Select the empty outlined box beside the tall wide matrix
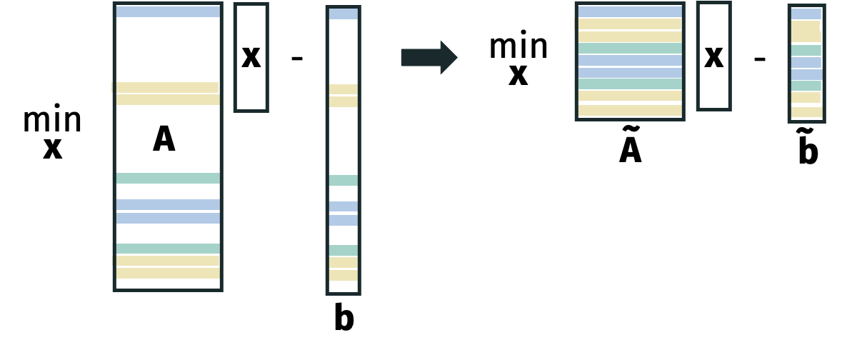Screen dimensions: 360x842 [251, 57]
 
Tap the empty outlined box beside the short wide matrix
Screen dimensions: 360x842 [713, 56]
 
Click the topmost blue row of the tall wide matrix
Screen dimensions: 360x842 [168, 11]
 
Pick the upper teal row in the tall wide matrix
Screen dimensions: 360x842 [168, 178]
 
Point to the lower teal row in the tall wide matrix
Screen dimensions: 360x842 [168, 249]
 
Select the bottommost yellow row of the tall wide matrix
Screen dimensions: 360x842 [168, 273]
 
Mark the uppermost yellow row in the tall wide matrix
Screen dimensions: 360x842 [168, 87]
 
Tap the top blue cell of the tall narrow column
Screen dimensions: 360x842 [343, 14]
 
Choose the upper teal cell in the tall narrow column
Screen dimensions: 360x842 [343, 180]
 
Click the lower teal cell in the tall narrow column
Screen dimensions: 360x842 [343, 250]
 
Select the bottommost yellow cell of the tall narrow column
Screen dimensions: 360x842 [343, 275]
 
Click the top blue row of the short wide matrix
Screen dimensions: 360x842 [630, 11]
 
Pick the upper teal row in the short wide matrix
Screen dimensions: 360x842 [630, 48]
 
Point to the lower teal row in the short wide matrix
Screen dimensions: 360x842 [630, 84]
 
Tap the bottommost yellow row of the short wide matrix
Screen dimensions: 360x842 [630, 110]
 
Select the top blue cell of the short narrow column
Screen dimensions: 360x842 [806, 14]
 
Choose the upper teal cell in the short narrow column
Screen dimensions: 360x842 [806, 51]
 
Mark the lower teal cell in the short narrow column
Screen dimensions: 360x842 [806, 86]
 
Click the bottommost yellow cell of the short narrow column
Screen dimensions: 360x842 [806, 112]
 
